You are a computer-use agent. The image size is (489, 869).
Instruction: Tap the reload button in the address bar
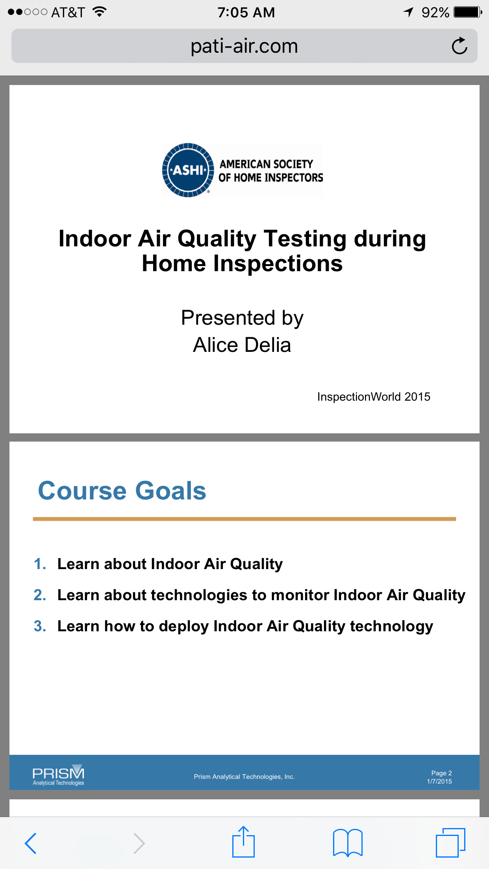pos(459,46)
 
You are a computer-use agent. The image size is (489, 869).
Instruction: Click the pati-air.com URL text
pos(244,46)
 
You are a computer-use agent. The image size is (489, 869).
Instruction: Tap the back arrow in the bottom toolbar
pos(31,843)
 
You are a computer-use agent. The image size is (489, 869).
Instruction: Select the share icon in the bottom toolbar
pos(244,842)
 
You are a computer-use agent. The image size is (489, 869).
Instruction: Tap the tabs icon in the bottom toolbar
pos(450,842)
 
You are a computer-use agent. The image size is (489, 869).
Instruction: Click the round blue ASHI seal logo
pos(188,170)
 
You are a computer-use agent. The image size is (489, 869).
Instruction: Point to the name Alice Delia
pos(242,345)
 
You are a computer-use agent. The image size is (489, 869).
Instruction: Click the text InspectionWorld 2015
pos(374,397)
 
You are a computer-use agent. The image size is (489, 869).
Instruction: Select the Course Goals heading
pos(122,491)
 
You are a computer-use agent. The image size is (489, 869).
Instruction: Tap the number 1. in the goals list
pos(40,564)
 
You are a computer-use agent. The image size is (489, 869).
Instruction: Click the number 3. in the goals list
pos(40,626)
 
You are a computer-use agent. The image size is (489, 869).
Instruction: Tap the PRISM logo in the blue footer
pos(58,775)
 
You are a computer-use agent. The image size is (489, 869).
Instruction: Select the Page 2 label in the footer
pos(441,773)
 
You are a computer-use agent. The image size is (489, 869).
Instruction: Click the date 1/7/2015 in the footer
pos(439,781)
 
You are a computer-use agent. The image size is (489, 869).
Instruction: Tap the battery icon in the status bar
pos(468,12)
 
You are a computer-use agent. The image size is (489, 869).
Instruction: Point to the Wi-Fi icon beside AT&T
pos(100,12)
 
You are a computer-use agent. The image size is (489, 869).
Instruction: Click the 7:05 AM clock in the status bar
pos(246,13)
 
